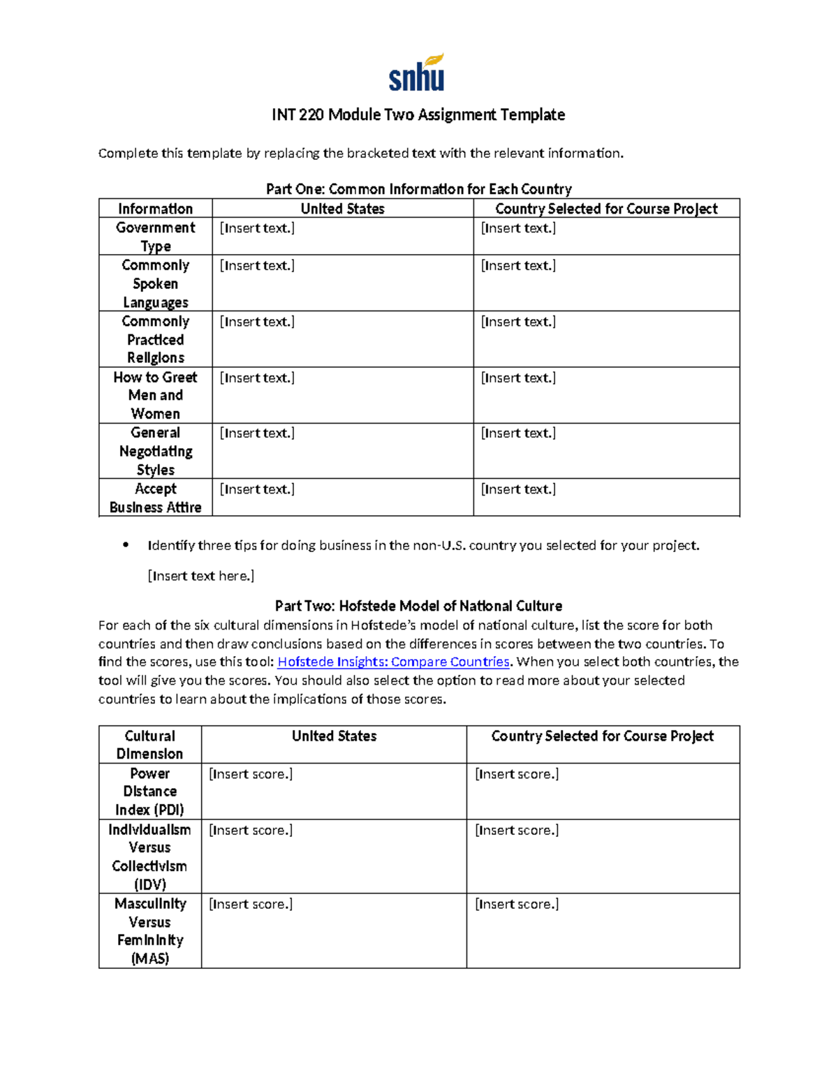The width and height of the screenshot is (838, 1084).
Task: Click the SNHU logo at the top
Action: pyautogui.click(x=417, y=74)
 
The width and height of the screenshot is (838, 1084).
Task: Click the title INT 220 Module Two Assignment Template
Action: pyautogui.click(x=418, y=114)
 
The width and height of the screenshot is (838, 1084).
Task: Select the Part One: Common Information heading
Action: pyautogui.click(x=418, y=189)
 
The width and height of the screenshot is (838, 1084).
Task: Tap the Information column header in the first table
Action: pyautogui.click(x=155, y=209)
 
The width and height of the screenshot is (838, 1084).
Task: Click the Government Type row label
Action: pyautogui.click(x=155, y=237)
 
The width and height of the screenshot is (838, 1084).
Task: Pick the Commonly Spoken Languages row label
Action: pyautogui.click(x=155, y=283)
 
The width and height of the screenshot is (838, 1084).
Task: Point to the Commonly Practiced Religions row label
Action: pyautogui.click(x=155, y=339)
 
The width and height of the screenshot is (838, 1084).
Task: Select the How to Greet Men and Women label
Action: pyautogui.click(x=155, y=395)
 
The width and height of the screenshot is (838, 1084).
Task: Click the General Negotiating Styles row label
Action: pyautogui.click(x=155, y=451)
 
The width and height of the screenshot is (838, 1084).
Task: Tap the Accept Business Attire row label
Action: pyautogui.click(x=155, y=498)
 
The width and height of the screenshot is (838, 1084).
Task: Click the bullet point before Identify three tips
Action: pyautogui.click(x=126, y=545)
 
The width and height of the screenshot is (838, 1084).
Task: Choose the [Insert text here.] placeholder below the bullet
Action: pyautogui.click(x=200, y=576)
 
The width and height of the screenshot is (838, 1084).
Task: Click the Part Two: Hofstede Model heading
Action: pyautogui.click(x=418, y=606)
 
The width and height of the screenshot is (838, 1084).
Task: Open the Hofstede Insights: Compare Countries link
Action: pyautogui.click(x=393, y=662)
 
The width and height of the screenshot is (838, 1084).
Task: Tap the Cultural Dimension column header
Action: pyautogui.click(x=149, y=745)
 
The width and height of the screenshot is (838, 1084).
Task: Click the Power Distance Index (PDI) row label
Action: pyautogui.click(x=149, y=792)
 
